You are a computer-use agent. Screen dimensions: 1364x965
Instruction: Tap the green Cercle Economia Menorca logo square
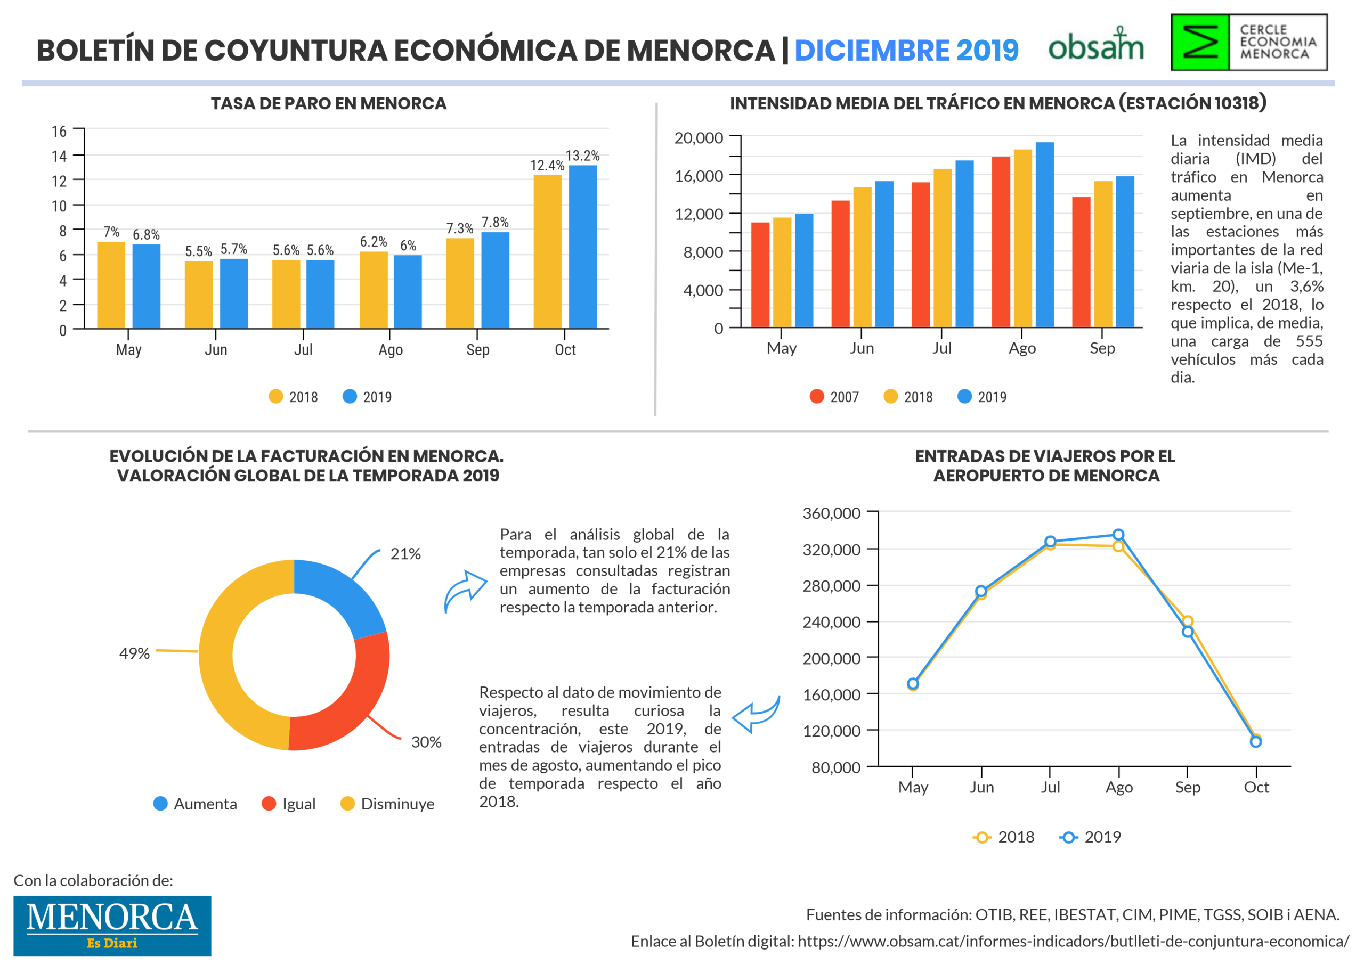1200,42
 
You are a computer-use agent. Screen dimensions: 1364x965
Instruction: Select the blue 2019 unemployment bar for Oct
582,247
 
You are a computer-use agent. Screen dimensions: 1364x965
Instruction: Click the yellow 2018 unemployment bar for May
111,285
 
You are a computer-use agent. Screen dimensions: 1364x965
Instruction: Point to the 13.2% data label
582,156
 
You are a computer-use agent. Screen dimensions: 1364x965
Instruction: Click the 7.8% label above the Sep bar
495,222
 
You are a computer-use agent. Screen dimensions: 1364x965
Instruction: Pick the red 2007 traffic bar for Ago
1001,242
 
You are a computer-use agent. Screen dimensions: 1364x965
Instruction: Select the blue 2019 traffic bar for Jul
964,243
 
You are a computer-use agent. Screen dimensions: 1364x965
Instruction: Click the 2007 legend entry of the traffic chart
834,397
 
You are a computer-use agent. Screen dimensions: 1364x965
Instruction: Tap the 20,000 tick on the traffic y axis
699,138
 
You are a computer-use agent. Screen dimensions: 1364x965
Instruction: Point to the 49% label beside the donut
134,653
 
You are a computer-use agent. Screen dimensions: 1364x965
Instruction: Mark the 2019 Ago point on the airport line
1118,535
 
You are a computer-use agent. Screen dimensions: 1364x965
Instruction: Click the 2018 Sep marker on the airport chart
1188,621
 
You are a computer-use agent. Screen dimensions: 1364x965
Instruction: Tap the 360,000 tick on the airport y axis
832,513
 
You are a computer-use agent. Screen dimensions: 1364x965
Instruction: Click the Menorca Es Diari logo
112,926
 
